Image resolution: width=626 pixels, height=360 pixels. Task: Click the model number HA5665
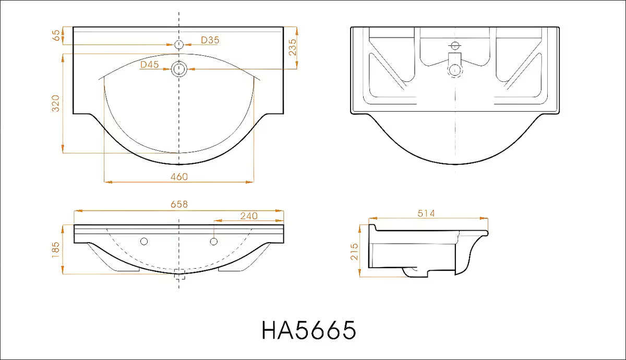(309, 330)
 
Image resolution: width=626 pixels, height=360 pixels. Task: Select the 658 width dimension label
(179, 205)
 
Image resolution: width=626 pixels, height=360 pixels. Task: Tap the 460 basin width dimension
(179, 177)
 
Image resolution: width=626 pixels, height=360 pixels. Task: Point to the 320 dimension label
(56, 103)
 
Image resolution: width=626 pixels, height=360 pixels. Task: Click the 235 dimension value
(292, 47)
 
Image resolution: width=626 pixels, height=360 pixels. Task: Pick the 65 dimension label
(56, 35)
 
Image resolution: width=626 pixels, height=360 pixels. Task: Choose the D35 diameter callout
(210, 40)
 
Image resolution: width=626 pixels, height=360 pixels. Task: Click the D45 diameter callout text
(150, 65)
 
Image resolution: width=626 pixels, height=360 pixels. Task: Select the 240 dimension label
(249, 216)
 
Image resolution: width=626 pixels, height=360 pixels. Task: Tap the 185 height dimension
(56, 250)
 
